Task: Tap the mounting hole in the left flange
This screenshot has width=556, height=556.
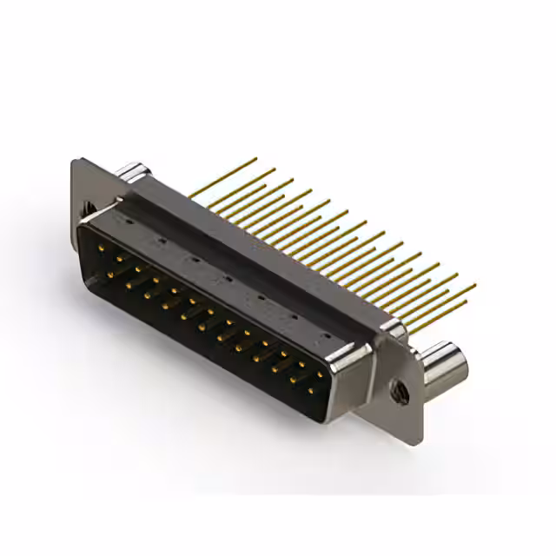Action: pyautogui.click(x=87, y=208)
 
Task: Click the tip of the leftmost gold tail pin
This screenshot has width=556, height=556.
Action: pyautogui.click(x=255, y=159)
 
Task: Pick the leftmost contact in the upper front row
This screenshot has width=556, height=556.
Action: pyautogui.click(x=102, y=249)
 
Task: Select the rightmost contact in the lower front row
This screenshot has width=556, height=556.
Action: pyautogui.click(x=309, y=390)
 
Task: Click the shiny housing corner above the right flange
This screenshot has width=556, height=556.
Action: pyautogui.click(x=393, y=328)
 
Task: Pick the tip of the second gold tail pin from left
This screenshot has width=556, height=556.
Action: pyautogui.click(x=275, y=169)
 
